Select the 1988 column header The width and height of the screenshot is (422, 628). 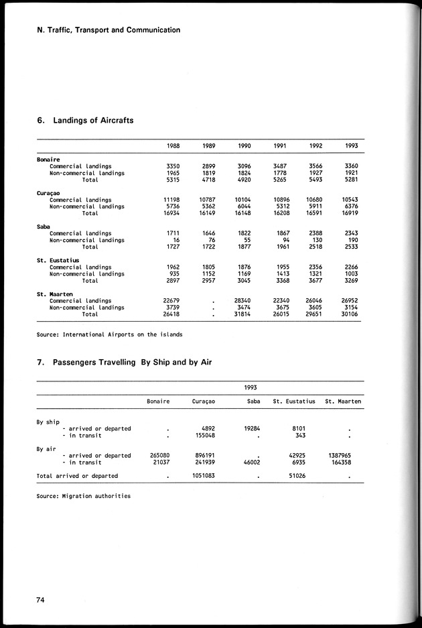tap(173, 146)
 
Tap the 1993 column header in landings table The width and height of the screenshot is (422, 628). tap(352, 146)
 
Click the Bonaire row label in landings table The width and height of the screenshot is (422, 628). tap(49, 159)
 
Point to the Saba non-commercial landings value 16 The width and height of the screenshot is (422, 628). tap(176, 240)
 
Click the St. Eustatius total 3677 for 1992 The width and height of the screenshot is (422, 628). tap(314, 281)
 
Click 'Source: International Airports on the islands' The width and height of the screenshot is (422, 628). tap(109, 334)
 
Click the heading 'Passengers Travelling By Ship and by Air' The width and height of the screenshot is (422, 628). tap(118, 363)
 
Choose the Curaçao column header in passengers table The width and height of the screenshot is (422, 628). tap(208, 401)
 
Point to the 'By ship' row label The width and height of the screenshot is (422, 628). tap(48, 422)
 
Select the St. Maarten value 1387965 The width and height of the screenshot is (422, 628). tap(345, 455)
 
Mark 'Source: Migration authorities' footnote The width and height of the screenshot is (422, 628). tap(83, 496)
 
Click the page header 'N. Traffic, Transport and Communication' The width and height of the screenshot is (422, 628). tap(109, 29)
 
